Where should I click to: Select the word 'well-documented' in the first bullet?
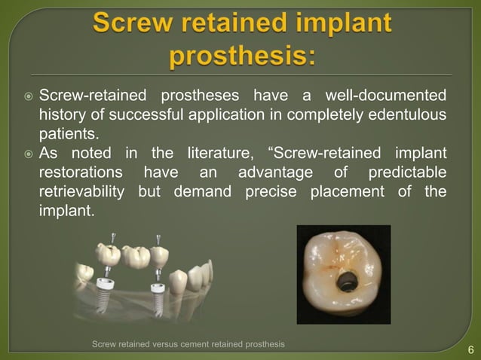tap(384, 96)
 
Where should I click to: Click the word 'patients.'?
tap(68, 135)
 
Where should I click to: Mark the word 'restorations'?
tap(78, 173)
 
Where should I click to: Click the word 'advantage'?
tap(273, 173)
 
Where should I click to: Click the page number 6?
tap(470, 349)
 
